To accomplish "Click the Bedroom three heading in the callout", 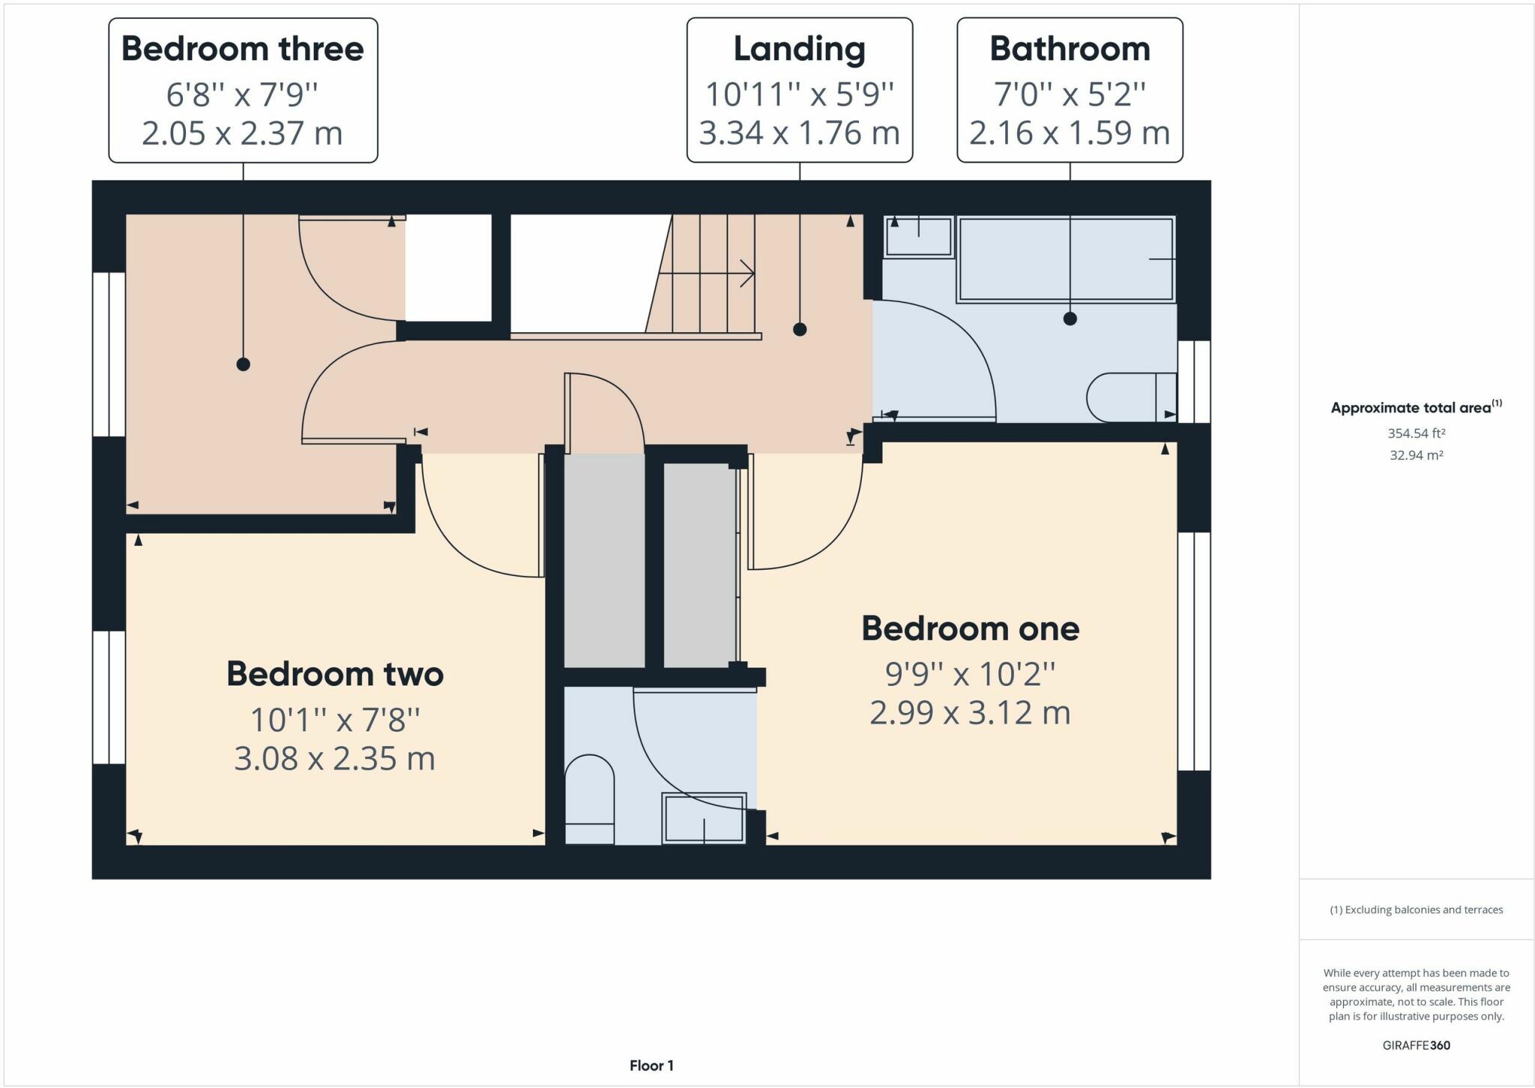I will point(242,49).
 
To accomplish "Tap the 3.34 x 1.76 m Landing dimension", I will point(799,133).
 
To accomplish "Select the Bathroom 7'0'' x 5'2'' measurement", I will point(1070,94).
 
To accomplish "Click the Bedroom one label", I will point(970,629).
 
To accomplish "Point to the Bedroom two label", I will point(335,674).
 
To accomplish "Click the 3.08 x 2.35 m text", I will point(334,759).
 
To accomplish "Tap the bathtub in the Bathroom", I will point(1065,259).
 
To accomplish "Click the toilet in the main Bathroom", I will point(1128,397).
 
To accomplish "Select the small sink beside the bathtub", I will point(918,237).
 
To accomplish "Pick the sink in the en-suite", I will point(704,818).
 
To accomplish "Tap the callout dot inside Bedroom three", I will point(243,364).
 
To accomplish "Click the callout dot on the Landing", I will point(800,329).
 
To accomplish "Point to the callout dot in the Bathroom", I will point(1070,319).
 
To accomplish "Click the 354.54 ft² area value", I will point(1416,433).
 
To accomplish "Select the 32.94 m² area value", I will point(1416,455).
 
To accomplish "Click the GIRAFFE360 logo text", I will point(1416,1045).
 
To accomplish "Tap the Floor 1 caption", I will point(651,1066).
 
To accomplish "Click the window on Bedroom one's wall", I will point(1194,651).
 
